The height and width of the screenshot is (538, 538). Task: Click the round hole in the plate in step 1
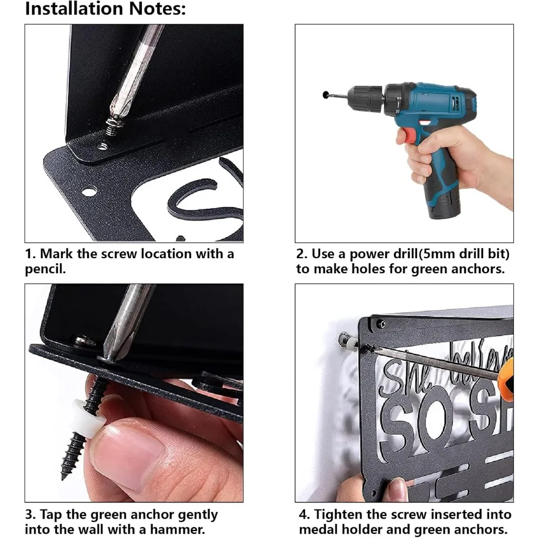coord(89,191)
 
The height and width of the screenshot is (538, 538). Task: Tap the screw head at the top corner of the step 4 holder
coord(381,322)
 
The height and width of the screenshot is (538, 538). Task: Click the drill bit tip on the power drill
coord(325,94)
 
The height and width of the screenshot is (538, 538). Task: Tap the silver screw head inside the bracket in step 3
coord(84,340)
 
